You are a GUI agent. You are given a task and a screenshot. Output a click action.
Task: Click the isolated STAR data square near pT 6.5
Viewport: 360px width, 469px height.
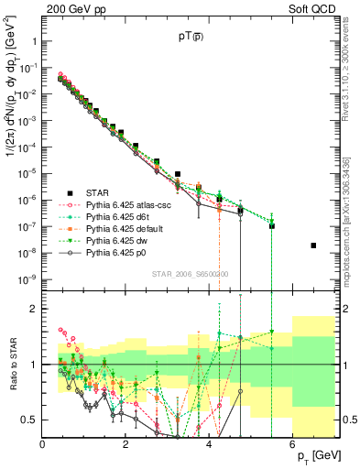tap(313, 245)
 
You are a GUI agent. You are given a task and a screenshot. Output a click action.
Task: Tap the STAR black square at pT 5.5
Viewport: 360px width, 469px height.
tap(272, 225)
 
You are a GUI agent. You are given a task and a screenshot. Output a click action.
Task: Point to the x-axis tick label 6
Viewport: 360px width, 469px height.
tap(292, 444)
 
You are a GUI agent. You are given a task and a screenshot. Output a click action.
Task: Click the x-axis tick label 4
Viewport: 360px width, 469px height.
tap(209, 444)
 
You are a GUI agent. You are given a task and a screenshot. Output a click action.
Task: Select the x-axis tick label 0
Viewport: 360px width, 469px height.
tap(42, 444)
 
